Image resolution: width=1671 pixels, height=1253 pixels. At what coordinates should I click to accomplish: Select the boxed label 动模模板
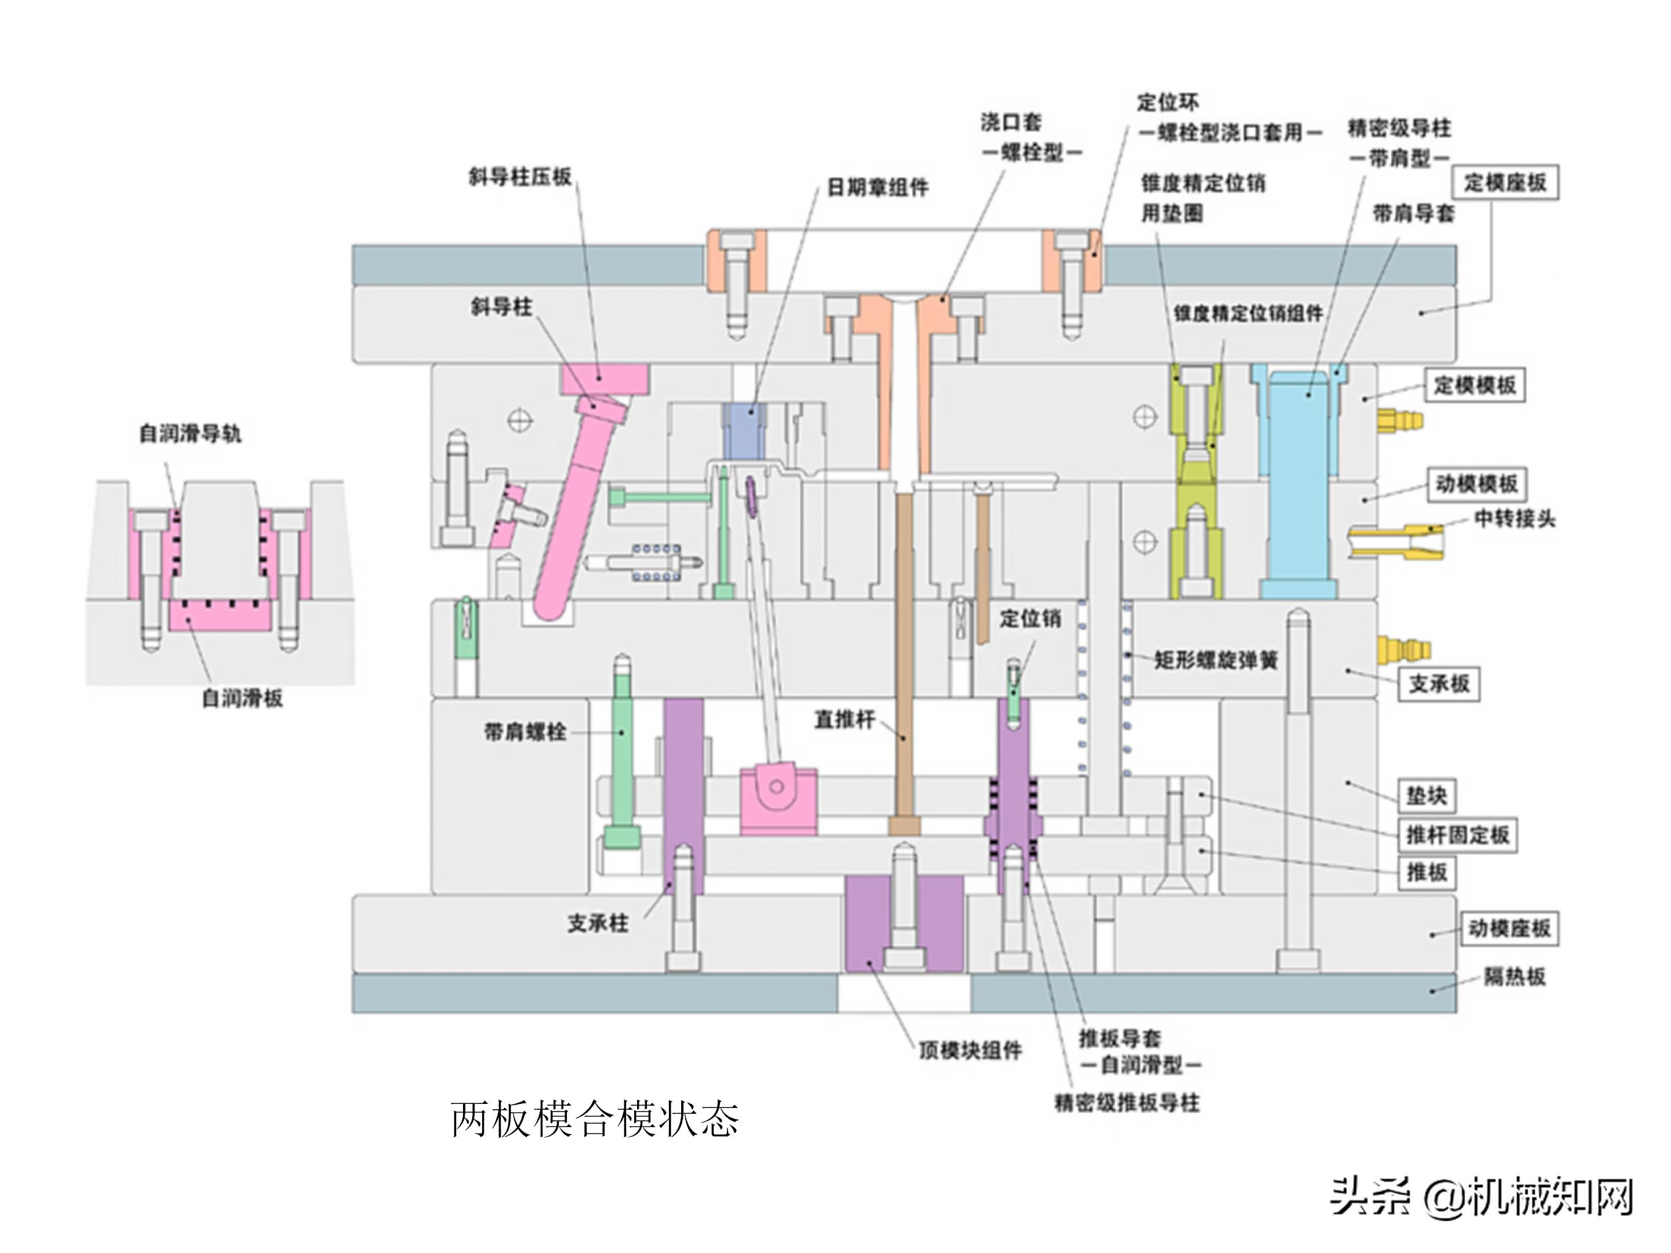[1475, 483]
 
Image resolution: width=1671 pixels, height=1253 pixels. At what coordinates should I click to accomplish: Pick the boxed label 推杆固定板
[1456, 835]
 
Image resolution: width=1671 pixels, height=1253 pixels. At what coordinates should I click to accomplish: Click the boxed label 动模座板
[1509, 928]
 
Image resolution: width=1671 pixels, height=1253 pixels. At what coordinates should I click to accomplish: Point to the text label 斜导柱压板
[520, 178]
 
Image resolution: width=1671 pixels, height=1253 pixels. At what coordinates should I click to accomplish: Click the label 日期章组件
[877, 187]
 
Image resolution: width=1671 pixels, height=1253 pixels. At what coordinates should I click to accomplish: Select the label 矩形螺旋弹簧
[1216, 660]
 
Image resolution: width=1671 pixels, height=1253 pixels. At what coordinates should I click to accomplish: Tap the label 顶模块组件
[970, 1050]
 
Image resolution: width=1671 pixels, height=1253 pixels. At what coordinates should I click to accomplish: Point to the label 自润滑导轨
[190, 433]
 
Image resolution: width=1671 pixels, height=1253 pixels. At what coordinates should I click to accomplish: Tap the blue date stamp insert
[744, 431]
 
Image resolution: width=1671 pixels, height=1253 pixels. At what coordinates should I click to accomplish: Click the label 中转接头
[1514, 519]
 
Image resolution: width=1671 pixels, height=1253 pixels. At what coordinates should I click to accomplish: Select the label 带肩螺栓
[525, 731]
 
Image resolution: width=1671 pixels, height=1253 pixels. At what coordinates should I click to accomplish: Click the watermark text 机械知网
[1549, 1197]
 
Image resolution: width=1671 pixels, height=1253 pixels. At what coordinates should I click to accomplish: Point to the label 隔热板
[1514, 976]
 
